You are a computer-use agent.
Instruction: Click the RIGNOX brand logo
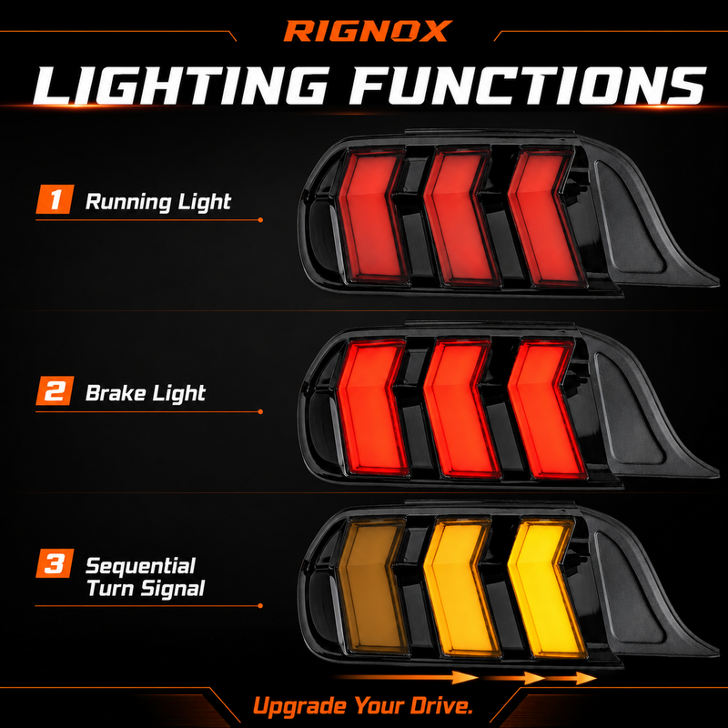click(x=368, y=31)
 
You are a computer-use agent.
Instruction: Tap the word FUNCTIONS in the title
click(x=528, y=86)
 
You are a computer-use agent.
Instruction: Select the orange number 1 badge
click(x=55, y=199)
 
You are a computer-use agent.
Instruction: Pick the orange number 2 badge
click(x=55, y=390)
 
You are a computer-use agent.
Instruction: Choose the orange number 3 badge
click(x=55, y=563)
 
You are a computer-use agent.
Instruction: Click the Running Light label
click(x=157, y=202)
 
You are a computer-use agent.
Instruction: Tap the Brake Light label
click(x=146, y=393)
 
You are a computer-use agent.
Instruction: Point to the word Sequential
click(x=140, y=566)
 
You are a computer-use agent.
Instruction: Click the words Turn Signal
click(x=146, y=588)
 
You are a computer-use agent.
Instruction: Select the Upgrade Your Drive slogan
click(x=363, y=706)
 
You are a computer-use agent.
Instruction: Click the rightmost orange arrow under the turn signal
click(x=571, y=678)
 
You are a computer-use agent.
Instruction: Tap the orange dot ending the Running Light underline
click(x=260, y=219)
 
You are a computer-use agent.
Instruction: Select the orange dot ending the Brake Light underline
click(x=260, y=411)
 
